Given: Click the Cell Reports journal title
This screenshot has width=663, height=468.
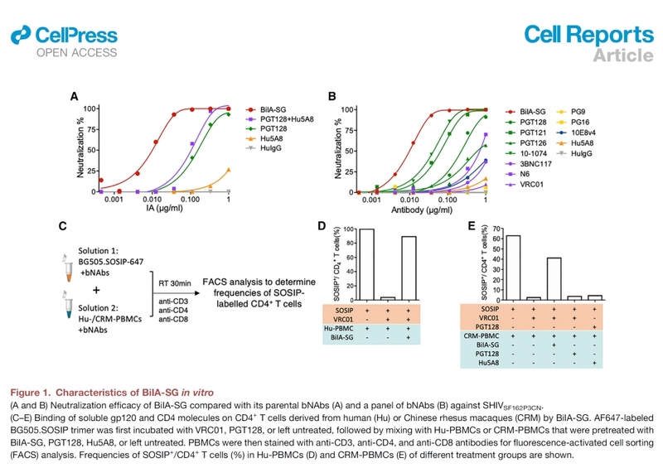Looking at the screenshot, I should pyautogui.click(x=588, y=35).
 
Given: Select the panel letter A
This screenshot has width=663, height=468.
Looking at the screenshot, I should pyautogui.click(x=75, y=96).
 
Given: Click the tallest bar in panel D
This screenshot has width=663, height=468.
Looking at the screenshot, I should pyautogui.click(x=342, y=264).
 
